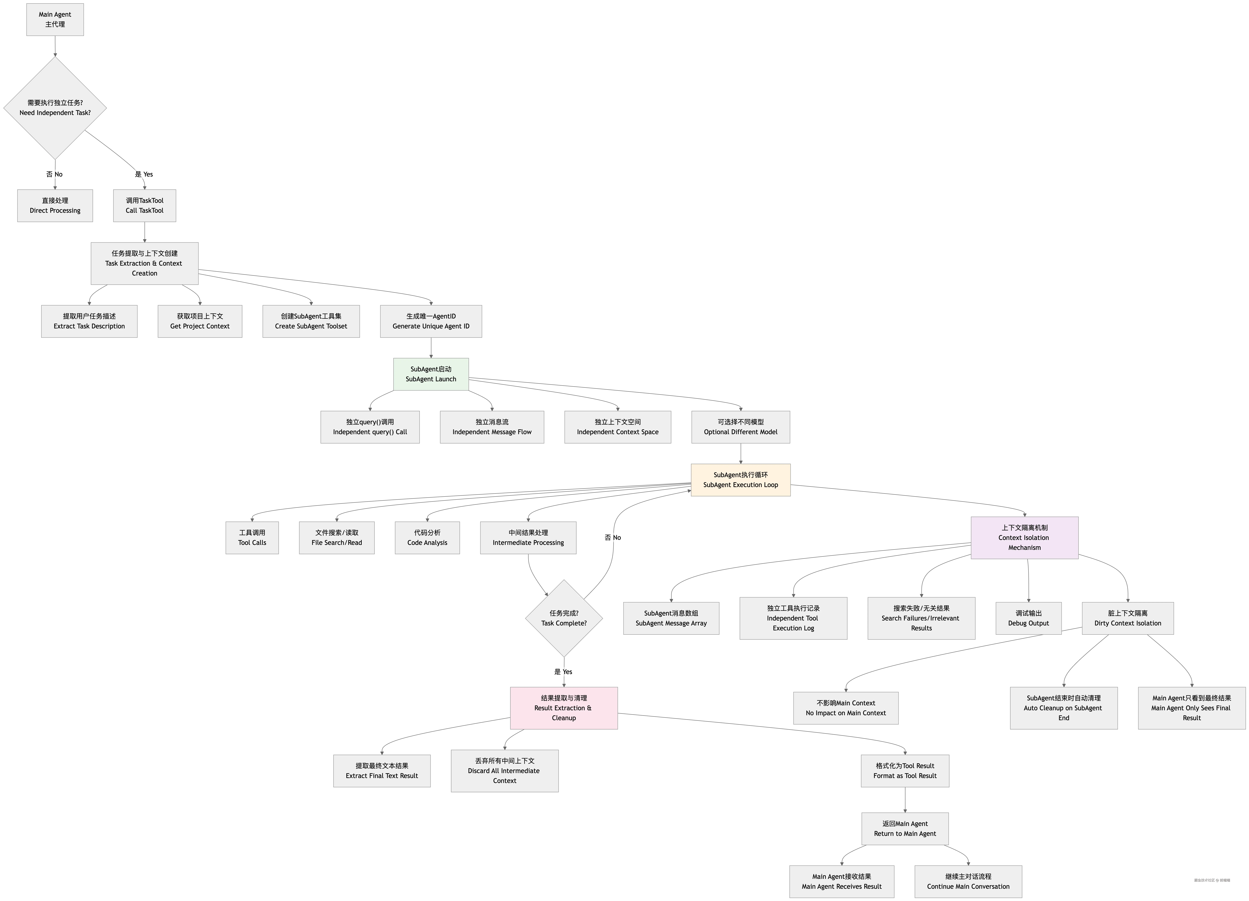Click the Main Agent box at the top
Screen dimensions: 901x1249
coord(55,19)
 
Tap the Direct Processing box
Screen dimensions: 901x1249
coord(55,205)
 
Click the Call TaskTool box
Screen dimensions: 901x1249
coord(144,205)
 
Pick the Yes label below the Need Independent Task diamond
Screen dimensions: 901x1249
coord(144,174)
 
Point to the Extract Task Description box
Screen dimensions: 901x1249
coord(89,321)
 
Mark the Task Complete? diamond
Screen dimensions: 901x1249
coord(564,618)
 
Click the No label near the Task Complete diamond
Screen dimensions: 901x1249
coord(613,537)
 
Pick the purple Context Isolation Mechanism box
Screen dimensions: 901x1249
coord(1024,537)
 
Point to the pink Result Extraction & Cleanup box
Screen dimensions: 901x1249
coord(564,708)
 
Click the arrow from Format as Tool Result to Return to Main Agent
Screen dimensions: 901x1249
coord(905,800)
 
